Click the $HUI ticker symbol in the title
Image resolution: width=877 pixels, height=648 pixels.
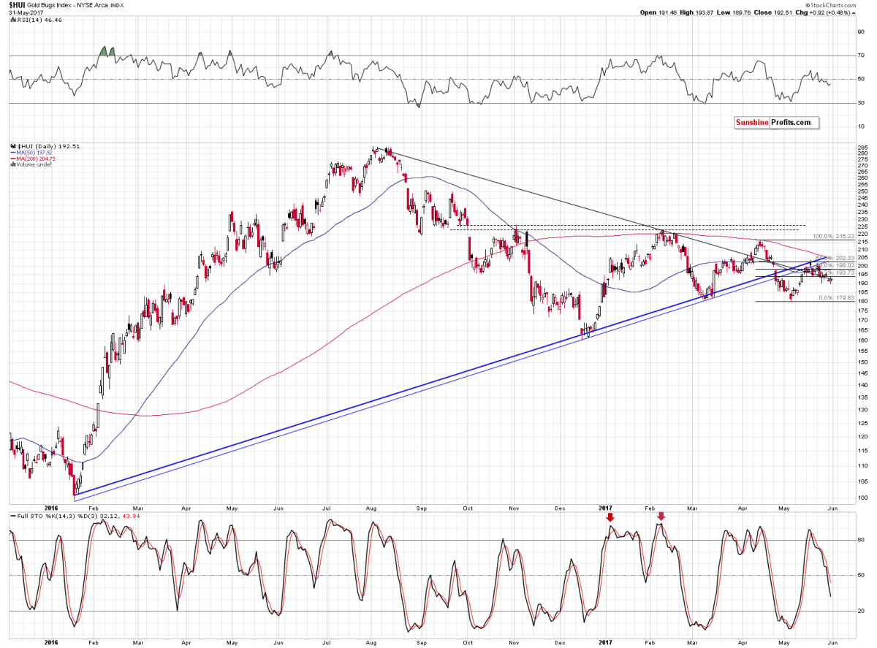click(x=16, y=6)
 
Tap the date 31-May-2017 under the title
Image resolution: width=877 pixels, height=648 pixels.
click(x=20, y=13)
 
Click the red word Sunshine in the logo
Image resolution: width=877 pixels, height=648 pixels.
click(x=752, y=122)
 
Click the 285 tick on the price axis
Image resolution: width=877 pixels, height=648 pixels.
click(x=864, y=148)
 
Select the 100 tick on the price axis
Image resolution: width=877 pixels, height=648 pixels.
click(x=864, y=498)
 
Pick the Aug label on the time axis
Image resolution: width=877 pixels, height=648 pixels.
click(x=371, y=508)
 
